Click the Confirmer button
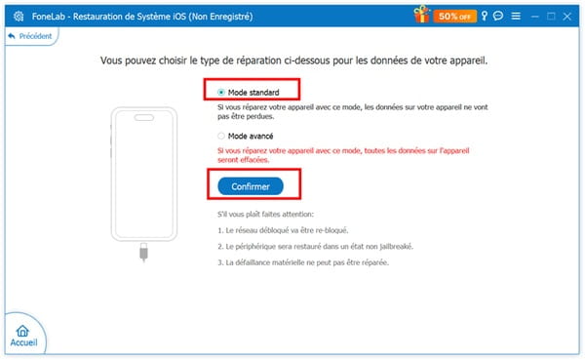pos(251,185)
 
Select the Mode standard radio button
pos(221,92)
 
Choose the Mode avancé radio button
pos(221,136)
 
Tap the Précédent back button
pos(30,35)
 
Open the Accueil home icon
pos(24,338)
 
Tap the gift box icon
pos(420,15)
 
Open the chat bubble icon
pos(499,16)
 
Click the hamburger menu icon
pos(517,16)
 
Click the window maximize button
pos(552,16)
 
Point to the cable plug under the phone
pos(143,254)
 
